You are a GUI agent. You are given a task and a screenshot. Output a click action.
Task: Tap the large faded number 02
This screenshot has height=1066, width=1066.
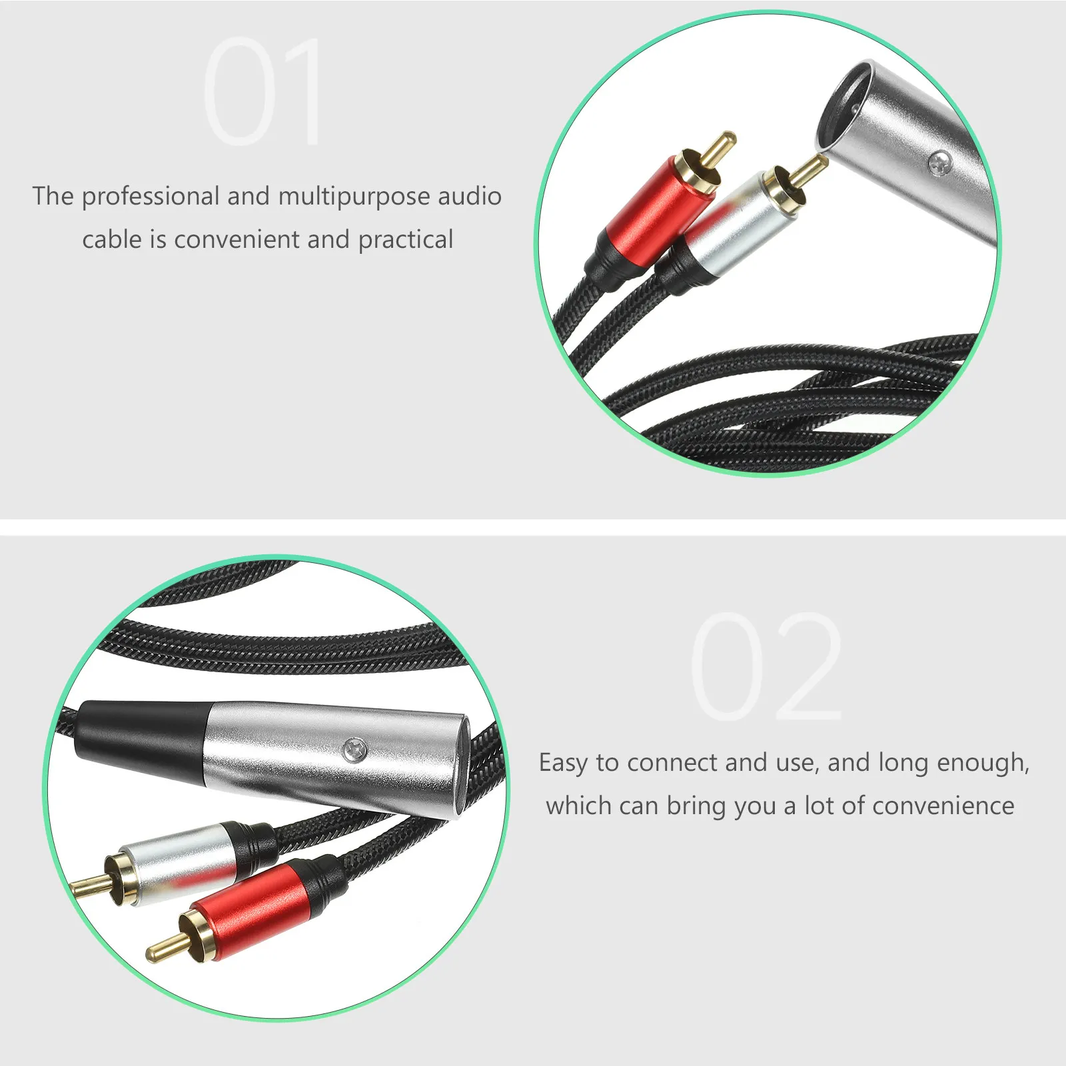(766, 666)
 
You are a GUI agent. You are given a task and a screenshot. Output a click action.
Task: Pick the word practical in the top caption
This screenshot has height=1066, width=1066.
(406, 240)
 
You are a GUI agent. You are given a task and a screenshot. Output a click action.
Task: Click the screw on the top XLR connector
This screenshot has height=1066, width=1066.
(940, 161)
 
